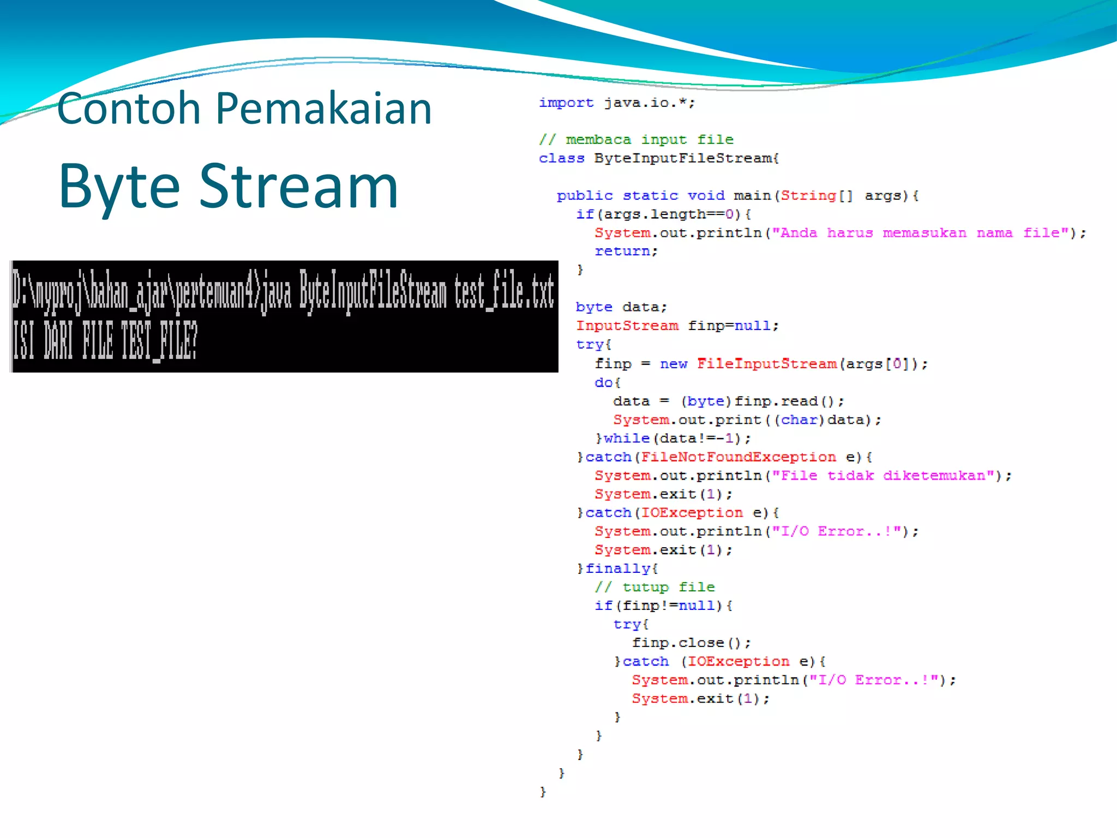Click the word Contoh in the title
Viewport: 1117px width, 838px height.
tap(129, 108)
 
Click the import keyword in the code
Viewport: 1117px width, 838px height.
tap(566, 103)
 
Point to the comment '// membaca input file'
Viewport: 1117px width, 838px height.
tap(636, 140)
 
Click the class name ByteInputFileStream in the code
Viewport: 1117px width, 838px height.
tap(686, 158)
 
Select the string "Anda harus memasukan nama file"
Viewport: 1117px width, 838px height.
tap(920, 233)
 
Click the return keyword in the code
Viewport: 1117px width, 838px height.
tap(622, 252)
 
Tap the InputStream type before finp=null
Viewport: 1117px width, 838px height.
tap(627, 326)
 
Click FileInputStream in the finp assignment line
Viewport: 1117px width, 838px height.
tap(767, 363)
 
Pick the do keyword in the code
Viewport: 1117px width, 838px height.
tap(603, 382)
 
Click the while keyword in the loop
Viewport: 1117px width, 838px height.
tap(627, 438)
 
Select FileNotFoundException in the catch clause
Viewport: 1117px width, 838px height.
tap(738, 457)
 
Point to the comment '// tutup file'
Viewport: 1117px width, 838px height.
tap(654, 587)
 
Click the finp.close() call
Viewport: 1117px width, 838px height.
tap(691, 643)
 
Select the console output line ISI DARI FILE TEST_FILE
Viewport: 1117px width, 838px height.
tap(105, 340)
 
